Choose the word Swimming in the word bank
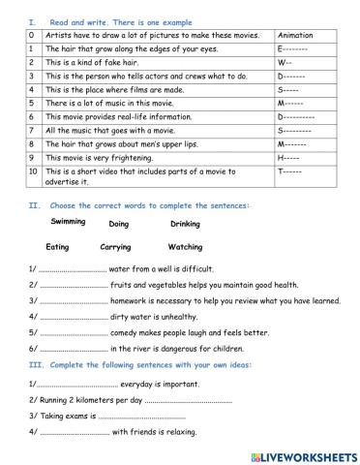pyautogui.click(x=68, y=222)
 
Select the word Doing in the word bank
pyautogui.click(x=119, y=224)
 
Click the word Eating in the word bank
pyautogui.click(x=57, y=247)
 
